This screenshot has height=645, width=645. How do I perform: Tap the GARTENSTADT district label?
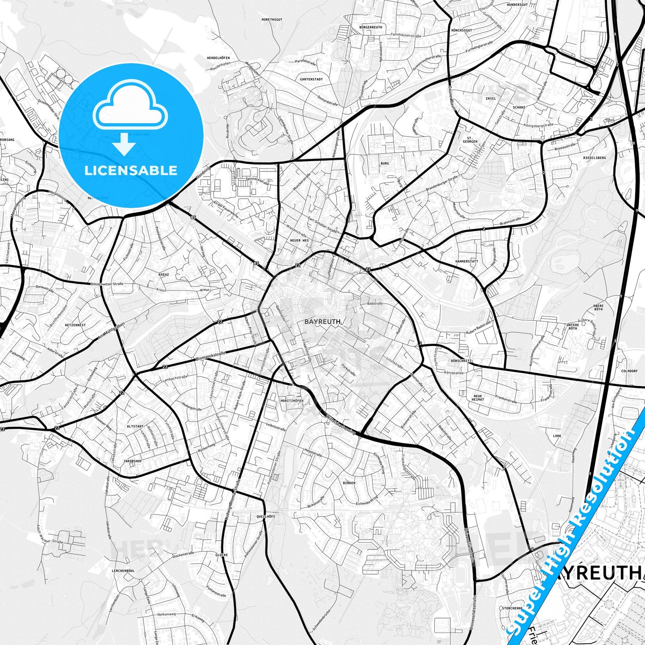[x=311, y=79]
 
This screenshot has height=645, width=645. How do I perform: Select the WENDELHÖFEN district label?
[x=218, y=58]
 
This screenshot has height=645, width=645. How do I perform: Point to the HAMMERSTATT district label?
[x=467, y=261]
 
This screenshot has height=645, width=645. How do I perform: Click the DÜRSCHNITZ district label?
[x=449, y=361]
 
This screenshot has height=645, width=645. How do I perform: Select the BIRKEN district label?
[x=349, y=483]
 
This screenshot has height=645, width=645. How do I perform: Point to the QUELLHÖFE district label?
[x=266, y=516]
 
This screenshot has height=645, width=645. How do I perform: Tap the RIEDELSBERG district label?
[x=595, y=158]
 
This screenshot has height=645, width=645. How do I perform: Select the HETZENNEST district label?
[x=75, y=325]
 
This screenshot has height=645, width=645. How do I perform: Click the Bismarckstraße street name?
[x=211, y=355]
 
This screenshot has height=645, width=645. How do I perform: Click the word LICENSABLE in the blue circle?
[x=131, y=170]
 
